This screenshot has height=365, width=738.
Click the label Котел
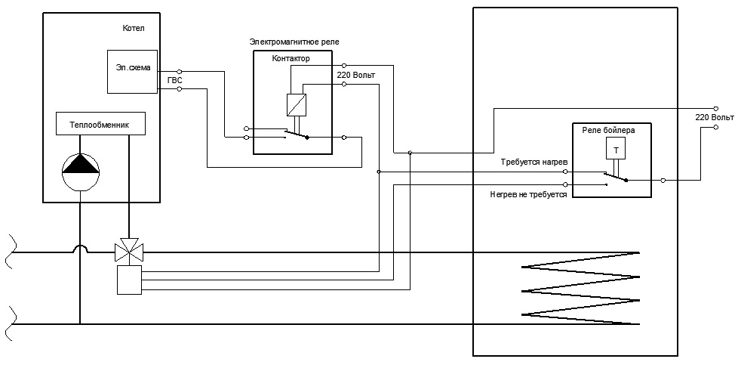click(x=134, y=28)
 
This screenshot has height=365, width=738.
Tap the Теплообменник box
click(x=100, y=124)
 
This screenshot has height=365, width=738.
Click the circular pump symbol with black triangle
click(x=81, y=171)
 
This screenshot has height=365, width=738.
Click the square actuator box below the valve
click(x=130, y=280)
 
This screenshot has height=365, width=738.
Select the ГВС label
click(x=174, y=81)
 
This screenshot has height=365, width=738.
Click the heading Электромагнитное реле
click(x=294, y=42)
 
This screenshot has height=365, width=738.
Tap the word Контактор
click(x=291, y=59)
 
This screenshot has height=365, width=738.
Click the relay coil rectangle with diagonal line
click(x=297, y=105)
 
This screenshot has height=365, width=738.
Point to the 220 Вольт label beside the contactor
click(x=356, y=75)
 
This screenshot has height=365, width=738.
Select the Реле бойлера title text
click(x=608, y=131)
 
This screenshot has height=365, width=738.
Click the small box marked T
click(x=616, y=150)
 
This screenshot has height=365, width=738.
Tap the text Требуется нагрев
click(x=535, y=162)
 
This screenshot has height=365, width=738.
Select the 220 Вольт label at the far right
click(x=715, y=117)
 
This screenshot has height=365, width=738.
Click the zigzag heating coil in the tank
click(x=580, y=289)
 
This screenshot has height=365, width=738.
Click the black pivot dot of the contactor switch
click(x=307, y=138)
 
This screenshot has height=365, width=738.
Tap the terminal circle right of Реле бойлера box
click(x=663, y=180)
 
